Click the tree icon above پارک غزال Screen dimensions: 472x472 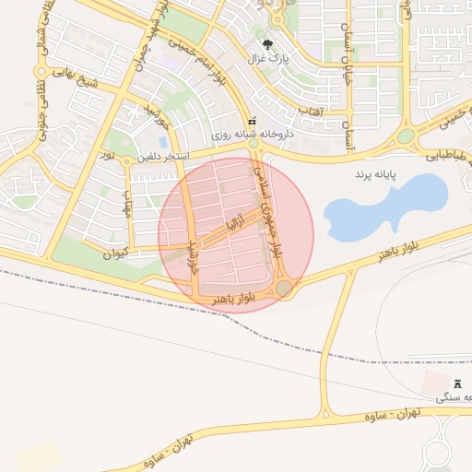[x=268, y=43]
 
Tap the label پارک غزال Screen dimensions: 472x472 [x=267, y=59]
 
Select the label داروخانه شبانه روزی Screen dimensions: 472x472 [x=252, y=134]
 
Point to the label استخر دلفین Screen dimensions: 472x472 [x=163, y=158]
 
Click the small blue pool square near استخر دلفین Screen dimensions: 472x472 [x=163, y=143]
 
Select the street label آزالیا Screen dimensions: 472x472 [x=236, y=222]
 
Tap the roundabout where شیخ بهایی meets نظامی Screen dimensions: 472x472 [x=41, y=71]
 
